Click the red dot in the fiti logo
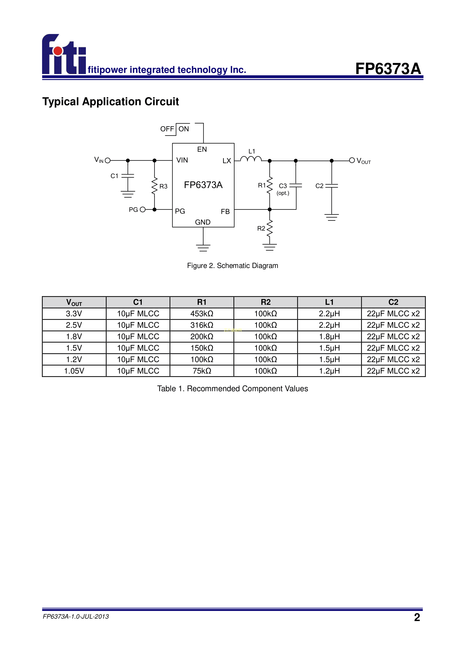point(58,51)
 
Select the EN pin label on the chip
point(202,149)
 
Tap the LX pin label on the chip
point(227,161)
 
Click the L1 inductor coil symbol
point(251,159)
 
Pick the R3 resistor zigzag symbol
point(154,186)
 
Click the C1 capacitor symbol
point(128,176)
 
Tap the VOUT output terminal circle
point(352,160)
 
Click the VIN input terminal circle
point(108,160)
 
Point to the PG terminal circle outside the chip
point(143,209)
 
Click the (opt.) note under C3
point(283,193)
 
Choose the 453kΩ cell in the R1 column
point(202,314)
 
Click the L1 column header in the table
point(329,302)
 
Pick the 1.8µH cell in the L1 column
point(329,336)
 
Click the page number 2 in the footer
point(417,617)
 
